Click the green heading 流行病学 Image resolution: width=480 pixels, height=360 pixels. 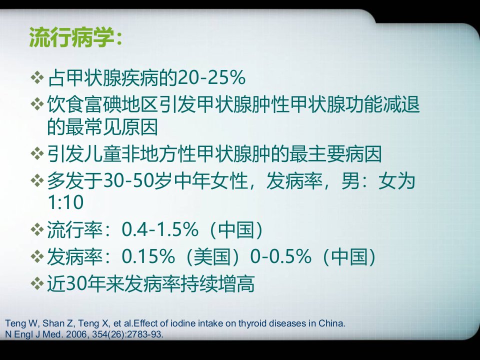coord(72,37)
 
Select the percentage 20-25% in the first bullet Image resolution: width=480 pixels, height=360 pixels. coord(211,77)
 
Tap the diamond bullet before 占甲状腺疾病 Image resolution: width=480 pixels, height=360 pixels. coord(37,77)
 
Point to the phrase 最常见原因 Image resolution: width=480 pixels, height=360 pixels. coord(111,126)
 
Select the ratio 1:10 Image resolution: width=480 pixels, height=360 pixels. coord(65,202)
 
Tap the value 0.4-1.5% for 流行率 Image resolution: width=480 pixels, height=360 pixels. coord(160,229)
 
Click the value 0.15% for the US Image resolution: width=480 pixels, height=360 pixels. coord(148,256)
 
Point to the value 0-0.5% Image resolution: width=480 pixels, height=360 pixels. coord(280,256)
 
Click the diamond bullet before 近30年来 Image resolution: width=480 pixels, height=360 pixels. coord(37,283)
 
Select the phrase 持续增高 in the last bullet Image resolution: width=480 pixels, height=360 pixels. coord(217,283)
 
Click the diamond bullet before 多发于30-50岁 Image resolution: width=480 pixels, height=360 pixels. coord(37,180)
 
